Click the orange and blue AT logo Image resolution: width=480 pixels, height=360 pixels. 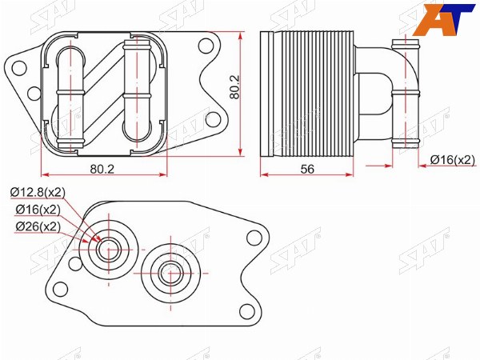click(444, 19)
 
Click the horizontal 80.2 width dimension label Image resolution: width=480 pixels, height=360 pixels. click(102, 169)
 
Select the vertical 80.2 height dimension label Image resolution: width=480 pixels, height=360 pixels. click(235, 87)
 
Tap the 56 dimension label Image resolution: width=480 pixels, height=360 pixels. click(307, 169)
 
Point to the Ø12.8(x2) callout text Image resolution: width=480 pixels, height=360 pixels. click(38, 192)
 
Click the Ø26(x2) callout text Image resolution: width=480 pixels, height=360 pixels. click(38, 227)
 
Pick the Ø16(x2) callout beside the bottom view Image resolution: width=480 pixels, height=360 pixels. click(38, 210)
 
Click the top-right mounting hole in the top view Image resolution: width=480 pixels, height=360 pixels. click(206, 46)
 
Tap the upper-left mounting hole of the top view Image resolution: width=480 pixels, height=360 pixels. click(19, 68)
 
